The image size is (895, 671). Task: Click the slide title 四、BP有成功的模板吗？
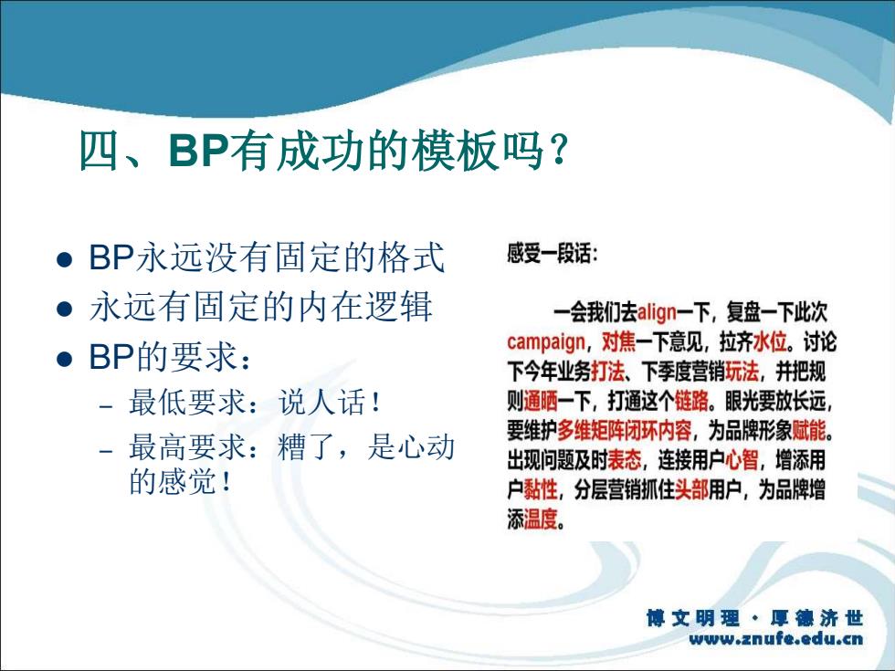click(x=324, y=151)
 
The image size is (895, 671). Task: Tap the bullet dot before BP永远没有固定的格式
click(x=65, y=259)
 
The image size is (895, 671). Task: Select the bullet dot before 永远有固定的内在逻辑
click(x=65, y=309)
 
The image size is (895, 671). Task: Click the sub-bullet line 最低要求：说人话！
click(x=255, y=403)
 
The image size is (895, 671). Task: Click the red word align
click(x=657, y=312)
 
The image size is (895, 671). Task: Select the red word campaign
click(x=546, y=342)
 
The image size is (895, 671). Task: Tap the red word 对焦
click(x=618, y=342)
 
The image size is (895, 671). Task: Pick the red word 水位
click(x=770, y=342)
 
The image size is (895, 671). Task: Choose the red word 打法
click(x=607, y=372)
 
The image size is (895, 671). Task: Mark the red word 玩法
click(x=742, y=372)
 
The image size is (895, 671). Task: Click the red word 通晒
click(x=540, y=402)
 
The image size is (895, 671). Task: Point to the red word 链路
click(x=691, y=402)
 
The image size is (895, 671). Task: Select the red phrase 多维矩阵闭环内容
click(x=624, y=431)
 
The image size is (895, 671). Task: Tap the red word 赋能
click(x=809, y=431)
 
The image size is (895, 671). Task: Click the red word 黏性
click(x=540, y=489)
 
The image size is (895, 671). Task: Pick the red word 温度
click(x=540, y=519)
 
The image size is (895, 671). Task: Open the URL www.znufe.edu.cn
click(x=776, y=638)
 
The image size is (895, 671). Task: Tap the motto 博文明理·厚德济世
click(x=754, y=618)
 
